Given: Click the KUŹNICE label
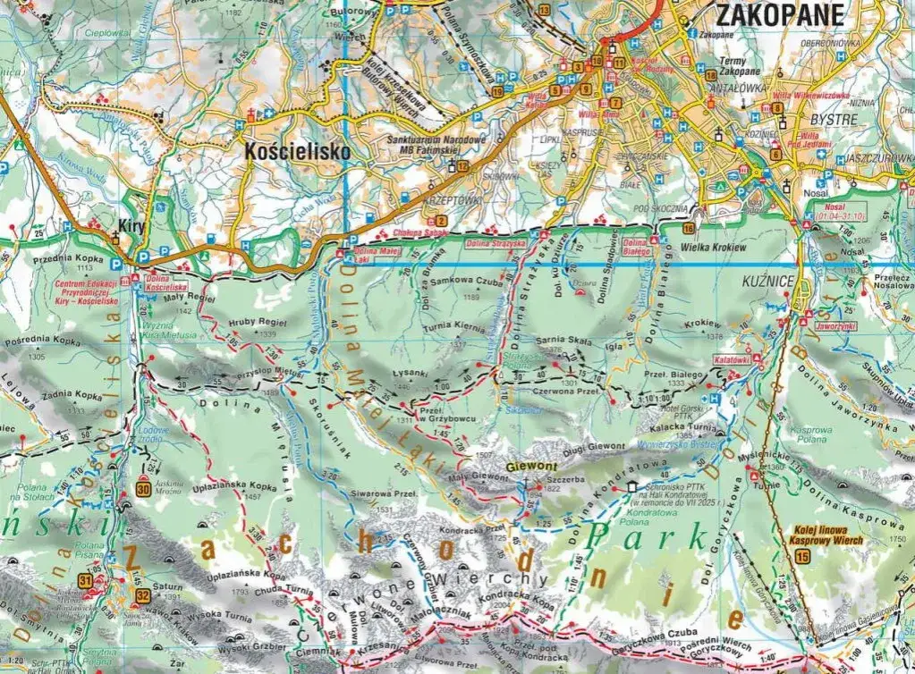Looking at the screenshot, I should coord(769,281).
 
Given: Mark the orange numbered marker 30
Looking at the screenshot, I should coord(144,488).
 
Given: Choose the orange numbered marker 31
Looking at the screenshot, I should coord(86,581).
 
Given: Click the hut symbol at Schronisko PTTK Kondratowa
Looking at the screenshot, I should coord(634,488).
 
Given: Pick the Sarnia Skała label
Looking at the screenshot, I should coord(560,341).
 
